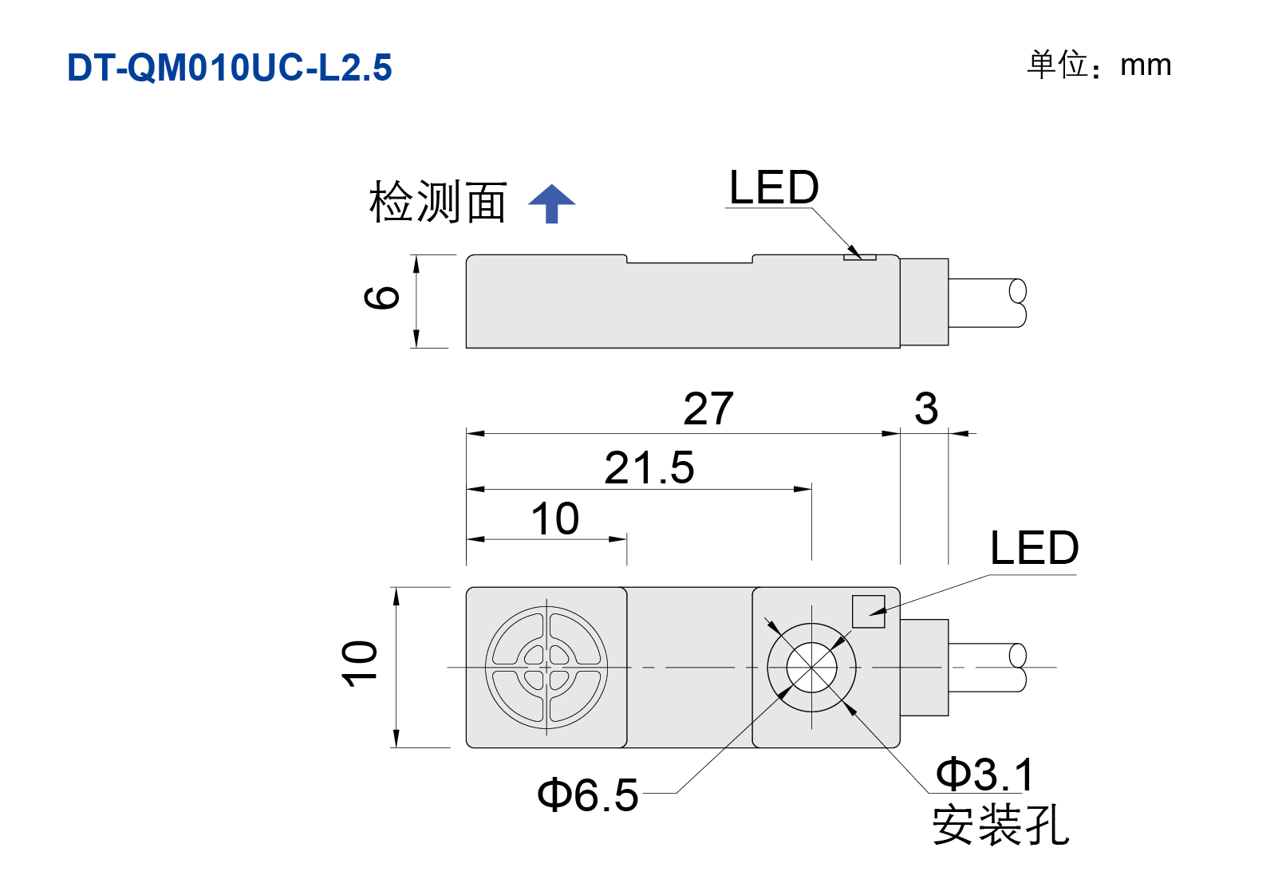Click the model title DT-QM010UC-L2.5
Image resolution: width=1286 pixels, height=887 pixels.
pos(230,67)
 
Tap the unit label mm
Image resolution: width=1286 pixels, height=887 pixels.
pos(1146,65)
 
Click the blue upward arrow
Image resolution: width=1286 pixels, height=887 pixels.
pos(552,203)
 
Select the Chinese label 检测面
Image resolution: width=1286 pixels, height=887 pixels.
pos(437,201)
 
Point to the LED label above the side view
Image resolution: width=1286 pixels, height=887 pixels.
pos(774,187)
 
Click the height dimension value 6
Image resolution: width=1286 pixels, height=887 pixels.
pos(381,298)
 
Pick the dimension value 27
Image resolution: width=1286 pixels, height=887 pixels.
pos(708,408)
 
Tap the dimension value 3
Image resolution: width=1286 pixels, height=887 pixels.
pos(926,408)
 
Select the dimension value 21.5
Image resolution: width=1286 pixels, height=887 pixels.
pos(649,467)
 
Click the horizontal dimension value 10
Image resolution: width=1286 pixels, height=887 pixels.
pos(555,518)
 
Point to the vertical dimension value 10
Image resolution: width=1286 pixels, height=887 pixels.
pos(359,664)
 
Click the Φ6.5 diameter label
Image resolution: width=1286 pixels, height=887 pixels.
pos(588,795)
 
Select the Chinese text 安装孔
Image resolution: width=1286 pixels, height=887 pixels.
pos(1000,825)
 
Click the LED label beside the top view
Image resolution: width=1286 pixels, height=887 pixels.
pos(1034,548)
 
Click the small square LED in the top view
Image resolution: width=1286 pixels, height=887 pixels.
pos(869,612)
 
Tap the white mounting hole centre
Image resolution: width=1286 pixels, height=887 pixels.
pos(812,667)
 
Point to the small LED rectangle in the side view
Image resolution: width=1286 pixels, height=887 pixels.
pos(860,258)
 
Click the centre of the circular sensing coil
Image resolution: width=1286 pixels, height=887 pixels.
pos(546,667)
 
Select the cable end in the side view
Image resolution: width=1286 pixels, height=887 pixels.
pos(1018,302)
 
